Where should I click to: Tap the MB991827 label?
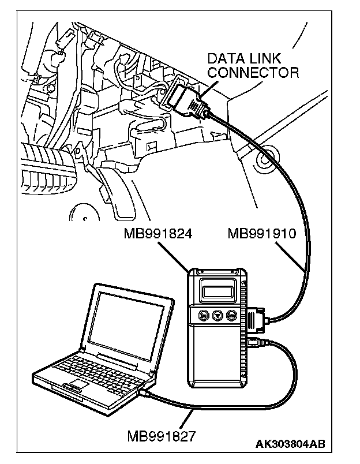[x=162, y=434]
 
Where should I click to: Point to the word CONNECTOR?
[x=253, y=73]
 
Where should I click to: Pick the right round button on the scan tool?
[x=231, y=316]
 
